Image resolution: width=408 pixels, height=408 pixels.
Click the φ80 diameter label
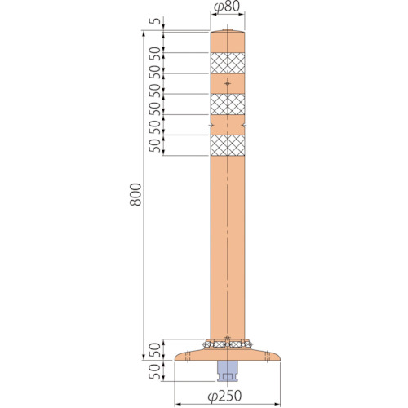tap(227, 7)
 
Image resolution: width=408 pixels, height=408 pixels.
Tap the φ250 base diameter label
tap(224, 396)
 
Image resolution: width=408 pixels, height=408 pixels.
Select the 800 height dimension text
tap(135, 194)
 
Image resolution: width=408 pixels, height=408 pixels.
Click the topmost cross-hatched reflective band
tap(228, 63)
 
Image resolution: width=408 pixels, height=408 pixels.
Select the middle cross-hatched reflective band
tap(228, 104)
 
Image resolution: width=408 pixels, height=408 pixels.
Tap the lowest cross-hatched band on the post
tap(228, 145)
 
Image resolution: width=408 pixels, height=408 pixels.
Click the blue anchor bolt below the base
tap(228, 370)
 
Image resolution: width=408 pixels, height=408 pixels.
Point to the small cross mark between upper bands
tap(228, 83)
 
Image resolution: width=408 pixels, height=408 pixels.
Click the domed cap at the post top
tap(228, 30)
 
